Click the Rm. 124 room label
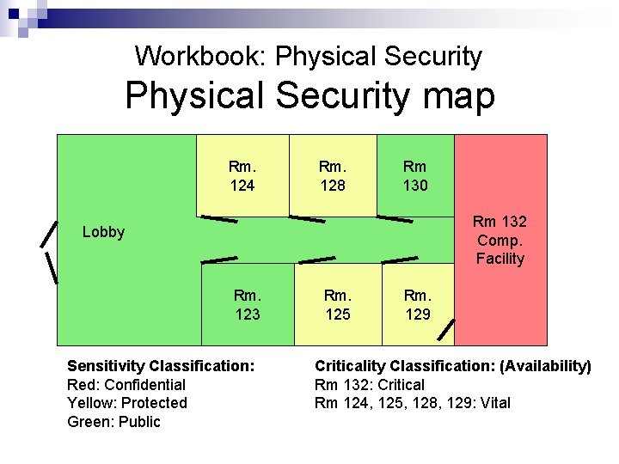click(x=242, y=175)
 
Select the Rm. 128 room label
click(x=332, y=175)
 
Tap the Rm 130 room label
click(x=414, y=175)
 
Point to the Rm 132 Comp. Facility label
click(x=499, y=240)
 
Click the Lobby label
click(x=103, y=232)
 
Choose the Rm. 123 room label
click(x=248, y=304)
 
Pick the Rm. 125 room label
click(x=337, y=304)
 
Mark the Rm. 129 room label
click(x=418, y=304)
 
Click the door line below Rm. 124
click(x=219, y=220)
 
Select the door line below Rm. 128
click(x=307, y=219)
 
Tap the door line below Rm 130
click(x=395, y=219)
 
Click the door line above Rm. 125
click(x=316, y=259)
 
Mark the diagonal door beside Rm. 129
click(x=446, y=331)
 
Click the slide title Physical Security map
click(x=309, y=95)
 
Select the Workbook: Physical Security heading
click(x=309, y=57)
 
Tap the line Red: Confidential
click(x=126, y=384)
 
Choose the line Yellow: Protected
click(x=127, y=402)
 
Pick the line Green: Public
click(x=113, y=421)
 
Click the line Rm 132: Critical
click(x=370, y=384)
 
